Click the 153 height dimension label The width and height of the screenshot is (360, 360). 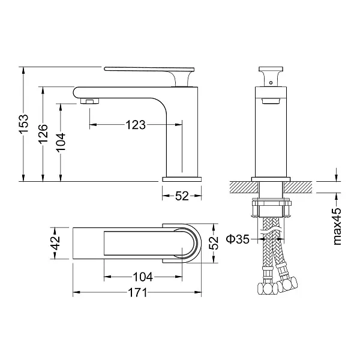coord(23,124)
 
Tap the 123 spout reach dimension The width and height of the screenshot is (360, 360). coord(136,125)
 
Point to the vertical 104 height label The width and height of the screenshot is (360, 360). coord(61,142)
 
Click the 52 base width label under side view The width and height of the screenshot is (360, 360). coord(182,196)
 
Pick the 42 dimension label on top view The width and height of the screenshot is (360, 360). coord(55,243)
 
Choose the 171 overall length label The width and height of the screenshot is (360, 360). coord(137,293)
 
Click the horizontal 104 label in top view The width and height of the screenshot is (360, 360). coord(143,277)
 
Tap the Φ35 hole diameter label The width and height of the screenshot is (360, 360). coord(238,239)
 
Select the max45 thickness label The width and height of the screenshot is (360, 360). coord(337,226)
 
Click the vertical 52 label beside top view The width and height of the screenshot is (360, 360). coord(214,243)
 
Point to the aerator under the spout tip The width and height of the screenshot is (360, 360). coord(90,101)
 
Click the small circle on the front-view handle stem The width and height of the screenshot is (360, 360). coord(271,83)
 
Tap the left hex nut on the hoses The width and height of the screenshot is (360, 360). coord(268,289)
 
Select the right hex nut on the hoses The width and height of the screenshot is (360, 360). coord(287,284)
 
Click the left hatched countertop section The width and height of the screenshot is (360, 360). coord(244,187)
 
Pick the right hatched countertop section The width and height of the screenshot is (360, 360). coord(298,187)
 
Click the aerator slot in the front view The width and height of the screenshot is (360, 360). coord(271,101)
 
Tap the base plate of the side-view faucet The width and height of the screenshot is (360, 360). coord(182,179)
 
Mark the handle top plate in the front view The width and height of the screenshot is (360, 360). coord(271,68)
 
